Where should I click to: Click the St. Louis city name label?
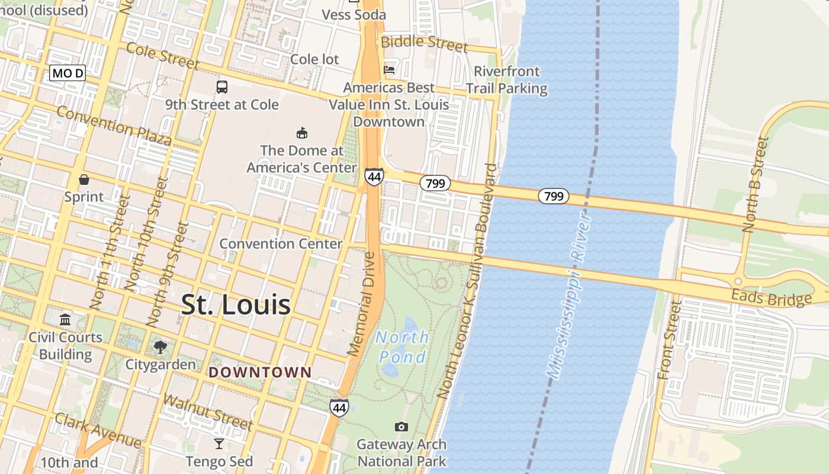click(236, 305)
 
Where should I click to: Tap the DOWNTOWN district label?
click(260, 373)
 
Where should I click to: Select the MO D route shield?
click(68, 73)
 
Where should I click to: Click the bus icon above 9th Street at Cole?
click(222, 87)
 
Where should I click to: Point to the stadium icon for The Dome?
click(302, 133)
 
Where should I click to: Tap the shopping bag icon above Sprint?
click(84, 179)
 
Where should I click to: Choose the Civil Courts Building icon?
click(65, 320)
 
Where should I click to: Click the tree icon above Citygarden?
click(160, 347)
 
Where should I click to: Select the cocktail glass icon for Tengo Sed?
click(219, 444)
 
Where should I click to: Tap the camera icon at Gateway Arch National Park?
click(401, 427)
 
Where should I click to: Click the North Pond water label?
click(403, 347)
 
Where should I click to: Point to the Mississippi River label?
click(568, 296)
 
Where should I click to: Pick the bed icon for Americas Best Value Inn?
click(389, 70)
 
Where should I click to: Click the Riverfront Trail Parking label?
click(506, 80)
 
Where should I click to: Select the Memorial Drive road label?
click(362, 305)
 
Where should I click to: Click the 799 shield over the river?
click(554, 196)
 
